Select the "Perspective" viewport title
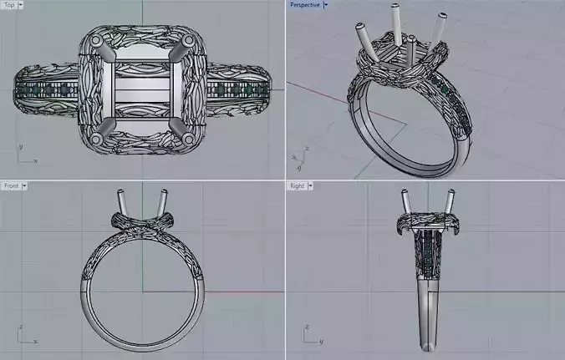pos(303,5)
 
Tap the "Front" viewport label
pos(11,185)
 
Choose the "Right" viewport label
pos(297,185)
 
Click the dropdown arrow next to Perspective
pos(324,5)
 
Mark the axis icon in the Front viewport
pos(25,335)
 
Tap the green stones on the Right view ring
pos(427,251)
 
